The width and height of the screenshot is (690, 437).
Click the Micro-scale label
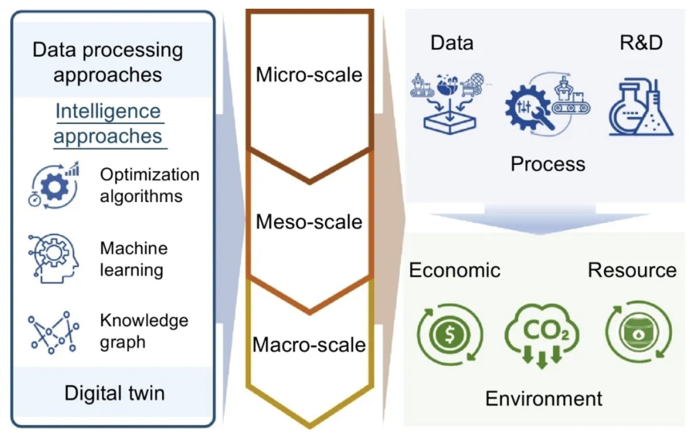coord(309,74)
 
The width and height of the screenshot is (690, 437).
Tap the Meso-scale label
coord(309,222)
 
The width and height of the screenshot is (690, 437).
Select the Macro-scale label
coord(309,345)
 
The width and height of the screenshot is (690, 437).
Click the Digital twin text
coord(114,392)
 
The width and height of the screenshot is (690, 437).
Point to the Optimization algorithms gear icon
coord(53,185)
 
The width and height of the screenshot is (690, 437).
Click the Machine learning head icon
coord(52,258)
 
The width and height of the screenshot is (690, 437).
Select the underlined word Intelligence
coord(108,111)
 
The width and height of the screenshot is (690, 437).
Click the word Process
coord(548,164)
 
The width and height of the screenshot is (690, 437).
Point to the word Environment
coord(543,398)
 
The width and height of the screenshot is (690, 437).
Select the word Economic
coord(454,270)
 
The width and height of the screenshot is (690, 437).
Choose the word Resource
coord(632,270)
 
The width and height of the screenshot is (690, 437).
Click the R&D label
coord(641,43)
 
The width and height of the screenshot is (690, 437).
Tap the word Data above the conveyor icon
coord(451,43)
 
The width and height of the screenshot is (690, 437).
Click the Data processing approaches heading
coord(108,62)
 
